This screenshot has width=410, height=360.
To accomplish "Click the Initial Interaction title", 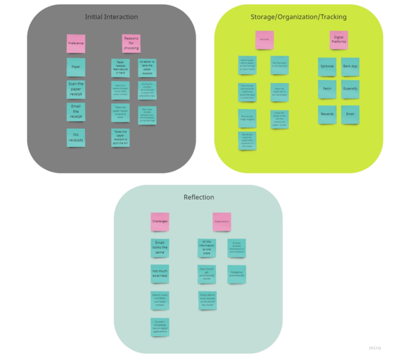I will click(x=111, y=17).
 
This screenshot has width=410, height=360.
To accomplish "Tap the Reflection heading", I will click(x=198, y=197).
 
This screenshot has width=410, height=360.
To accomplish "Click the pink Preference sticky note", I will click(x=75, y=43).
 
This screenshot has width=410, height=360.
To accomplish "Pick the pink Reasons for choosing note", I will click(x=131, y=43).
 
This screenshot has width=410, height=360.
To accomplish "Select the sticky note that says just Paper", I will click(x=75, y=67).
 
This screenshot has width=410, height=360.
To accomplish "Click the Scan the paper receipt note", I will click(x=75, y=89).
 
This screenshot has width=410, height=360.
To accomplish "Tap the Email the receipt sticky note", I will click(x=75, y=112).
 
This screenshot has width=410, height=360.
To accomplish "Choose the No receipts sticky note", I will click(x=75, y=137).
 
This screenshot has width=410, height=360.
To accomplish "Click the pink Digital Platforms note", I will click(x=339, y=40).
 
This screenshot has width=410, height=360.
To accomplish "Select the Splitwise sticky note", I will click(x=327, y=67).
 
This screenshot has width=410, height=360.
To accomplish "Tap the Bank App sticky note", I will click(x=350, y=67).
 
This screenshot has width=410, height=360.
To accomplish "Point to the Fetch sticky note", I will click(x=327, y=89).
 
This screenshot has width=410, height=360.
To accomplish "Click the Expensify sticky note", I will click(x=350, y=89).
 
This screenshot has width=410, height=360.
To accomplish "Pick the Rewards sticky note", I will click(x=327, y=114).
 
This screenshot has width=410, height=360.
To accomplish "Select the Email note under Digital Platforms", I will click(x=350, y=114).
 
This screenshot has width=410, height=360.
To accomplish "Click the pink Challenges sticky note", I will click(x=160, y=222).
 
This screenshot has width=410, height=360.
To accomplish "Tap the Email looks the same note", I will click(x=160, y=248).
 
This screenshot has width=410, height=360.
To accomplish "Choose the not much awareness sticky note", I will click(x=160, y=273).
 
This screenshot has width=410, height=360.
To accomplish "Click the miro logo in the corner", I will click(x=374, y=348).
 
